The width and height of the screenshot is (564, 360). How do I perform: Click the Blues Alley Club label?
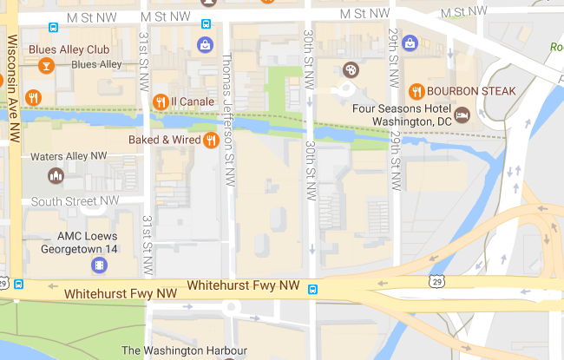pyautogui.click(x=69, y=49)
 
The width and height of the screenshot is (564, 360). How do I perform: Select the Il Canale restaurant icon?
pyautogui.click(x=160, y=102)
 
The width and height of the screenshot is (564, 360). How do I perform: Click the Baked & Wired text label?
pyautogui.click(x=165, y=139)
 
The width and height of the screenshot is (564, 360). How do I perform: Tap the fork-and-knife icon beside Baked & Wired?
pyautogui.click(x=211, y=139)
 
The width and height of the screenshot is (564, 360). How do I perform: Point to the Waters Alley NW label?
pyautogui.click(x=69, y=156)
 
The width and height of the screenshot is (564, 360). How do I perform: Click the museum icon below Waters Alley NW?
pyautogui.click(x=56, y=176)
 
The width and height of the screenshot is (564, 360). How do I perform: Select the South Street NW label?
pyautogui.click(x=75, y=201)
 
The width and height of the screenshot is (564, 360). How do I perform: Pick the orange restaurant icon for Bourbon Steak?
pyautogui.click(x=416, y=90)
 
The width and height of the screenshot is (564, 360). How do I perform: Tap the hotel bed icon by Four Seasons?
pyautogui.click(x=462, y=114)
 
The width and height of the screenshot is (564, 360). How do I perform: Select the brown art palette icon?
pyautogui.click(x=351, y=69)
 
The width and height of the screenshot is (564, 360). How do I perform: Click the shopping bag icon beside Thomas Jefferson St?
pyautogui.click(x=205, y=43)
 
